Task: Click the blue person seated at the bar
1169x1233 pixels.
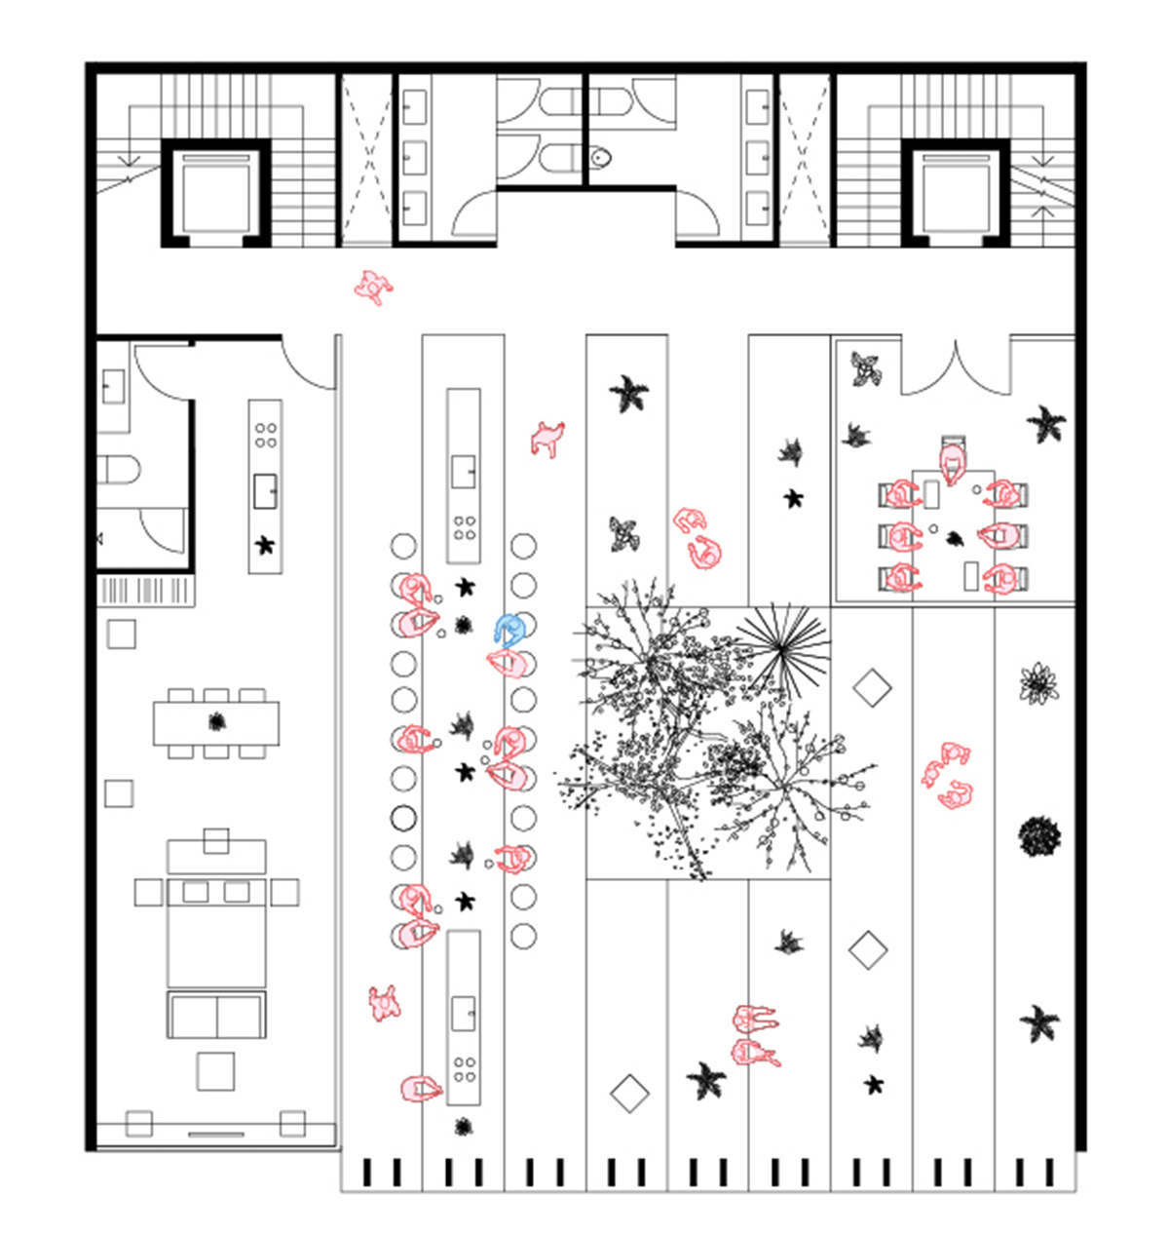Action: (x=509, y=630)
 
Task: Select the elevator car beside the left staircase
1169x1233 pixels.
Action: (x=215, y=192)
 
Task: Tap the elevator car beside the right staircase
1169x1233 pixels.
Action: (x=954, y=192)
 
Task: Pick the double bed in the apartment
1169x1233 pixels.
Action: (x=216, y=931)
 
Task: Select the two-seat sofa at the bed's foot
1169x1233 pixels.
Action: (x=216, y=1016)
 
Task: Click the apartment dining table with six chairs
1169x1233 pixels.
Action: (x=216, y=722)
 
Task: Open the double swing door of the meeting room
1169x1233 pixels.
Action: (x=956, y=366)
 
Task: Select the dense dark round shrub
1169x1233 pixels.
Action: (x=1039, y=836)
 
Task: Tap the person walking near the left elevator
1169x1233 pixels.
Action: (x=371, y=288)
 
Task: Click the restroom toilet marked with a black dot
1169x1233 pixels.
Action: (x=600, y=156)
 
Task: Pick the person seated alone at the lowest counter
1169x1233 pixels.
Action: (x=421, y=1088)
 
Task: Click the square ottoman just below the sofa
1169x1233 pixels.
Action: (x=215, y=1070)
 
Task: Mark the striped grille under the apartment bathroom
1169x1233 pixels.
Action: (x=147, y=591)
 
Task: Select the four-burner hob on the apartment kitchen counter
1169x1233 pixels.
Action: (x=265, y=435)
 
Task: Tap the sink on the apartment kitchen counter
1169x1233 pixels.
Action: (x=265, y=490)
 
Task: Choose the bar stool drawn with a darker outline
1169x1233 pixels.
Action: (x=403, y=818)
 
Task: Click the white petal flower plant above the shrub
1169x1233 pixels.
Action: (x=1039, y=682)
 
